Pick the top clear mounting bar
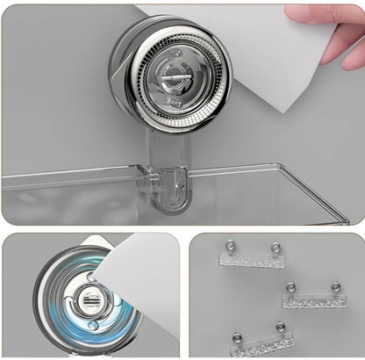point(251,258)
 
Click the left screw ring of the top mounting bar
point(229,246)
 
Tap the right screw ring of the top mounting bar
point(275,247)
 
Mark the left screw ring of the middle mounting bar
point(290,287)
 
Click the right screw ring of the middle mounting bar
point(334,286)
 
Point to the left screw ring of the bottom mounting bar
point(236,336)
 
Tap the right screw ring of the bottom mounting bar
point(280,328)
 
